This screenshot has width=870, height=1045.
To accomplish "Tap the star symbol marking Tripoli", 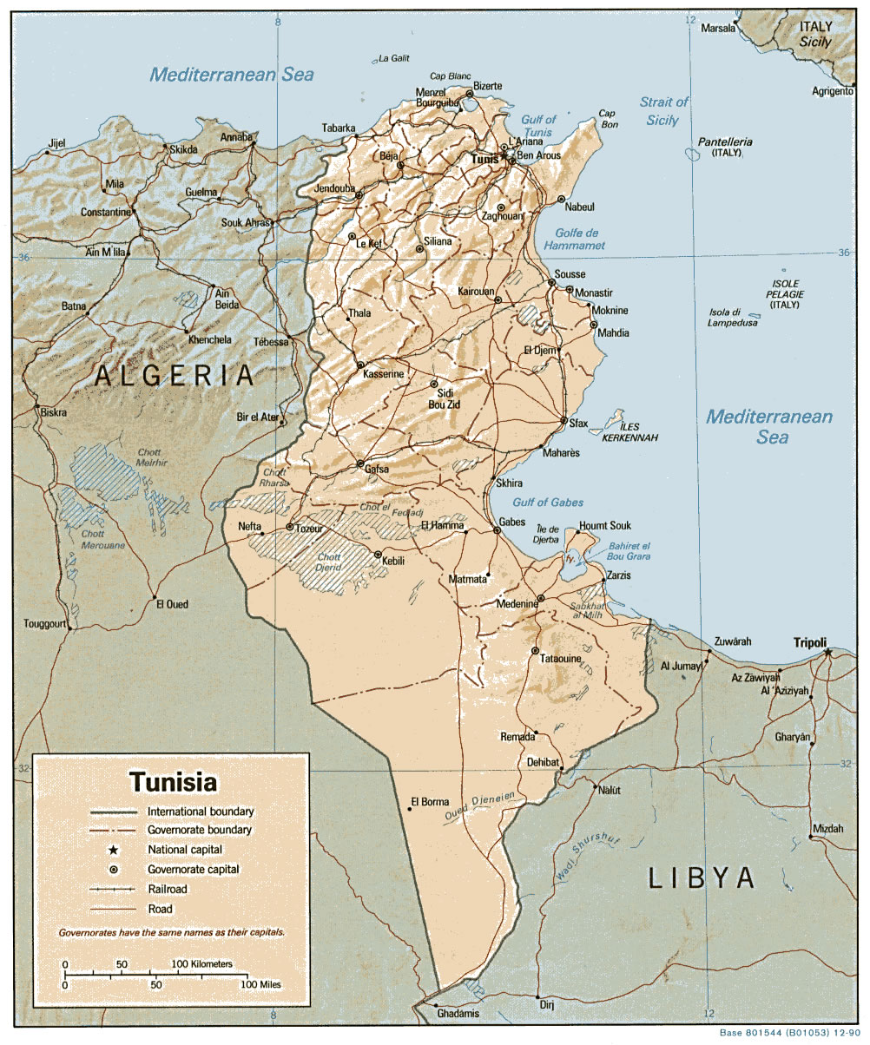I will (x=827, y=652).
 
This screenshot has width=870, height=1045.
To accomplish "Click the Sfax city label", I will (x=578, y=424).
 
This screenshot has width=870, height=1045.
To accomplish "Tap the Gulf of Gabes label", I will (x=548, y=503).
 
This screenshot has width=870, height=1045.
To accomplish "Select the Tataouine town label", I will (x=561, y=660).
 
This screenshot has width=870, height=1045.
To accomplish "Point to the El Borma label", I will (x=430, y=801).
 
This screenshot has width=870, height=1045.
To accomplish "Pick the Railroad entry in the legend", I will (x=168, y=889).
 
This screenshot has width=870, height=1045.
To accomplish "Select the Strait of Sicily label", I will (x=663, y=111).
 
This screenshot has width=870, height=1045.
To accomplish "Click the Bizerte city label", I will (x=487, y=85).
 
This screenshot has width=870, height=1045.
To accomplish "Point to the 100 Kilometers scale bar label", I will (x=201, y=964).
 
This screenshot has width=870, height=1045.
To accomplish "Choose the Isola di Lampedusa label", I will (x=734, y=318).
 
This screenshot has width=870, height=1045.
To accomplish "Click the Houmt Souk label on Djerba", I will (x=605, y=526).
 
